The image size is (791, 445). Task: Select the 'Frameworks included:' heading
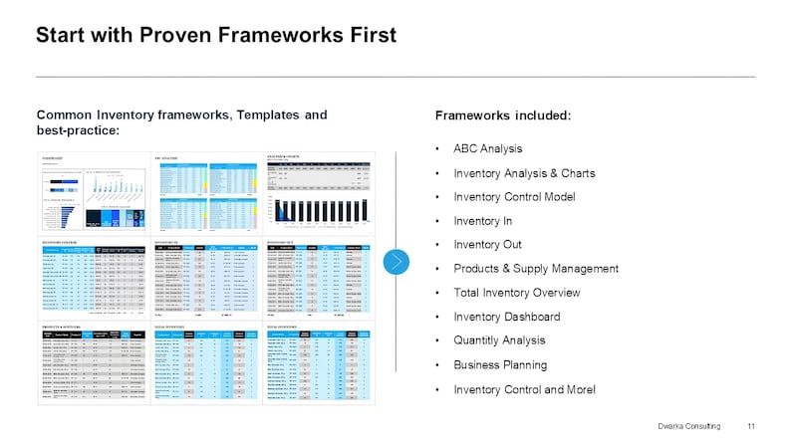pos(503,115)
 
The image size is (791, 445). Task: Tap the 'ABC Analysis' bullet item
pos(487,148)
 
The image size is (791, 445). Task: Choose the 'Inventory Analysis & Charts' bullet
pos(524,173)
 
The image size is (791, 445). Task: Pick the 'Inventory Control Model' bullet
pos(514,197)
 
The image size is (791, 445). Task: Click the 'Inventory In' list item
pos(484,221)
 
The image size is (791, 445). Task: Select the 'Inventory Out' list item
pos(488,245)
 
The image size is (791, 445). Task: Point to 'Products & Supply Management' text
pos(536,269)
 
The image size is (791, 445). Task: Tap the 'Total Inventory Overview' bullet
pos(516,293)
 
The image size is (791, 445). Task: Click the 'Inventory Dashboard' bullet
pos(506,317)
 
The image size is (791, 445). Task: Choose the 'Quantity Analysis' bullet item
pos(499,340)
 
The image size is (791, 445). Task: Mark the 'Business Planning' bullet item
pos(500,364)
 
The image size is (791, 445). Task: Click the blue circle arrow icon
pos(397,262)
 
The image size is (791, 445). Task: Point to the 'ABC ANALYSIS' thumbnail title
pos(167,157)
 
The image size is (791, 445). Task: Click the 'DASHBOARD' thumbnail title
pos(54,157)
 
